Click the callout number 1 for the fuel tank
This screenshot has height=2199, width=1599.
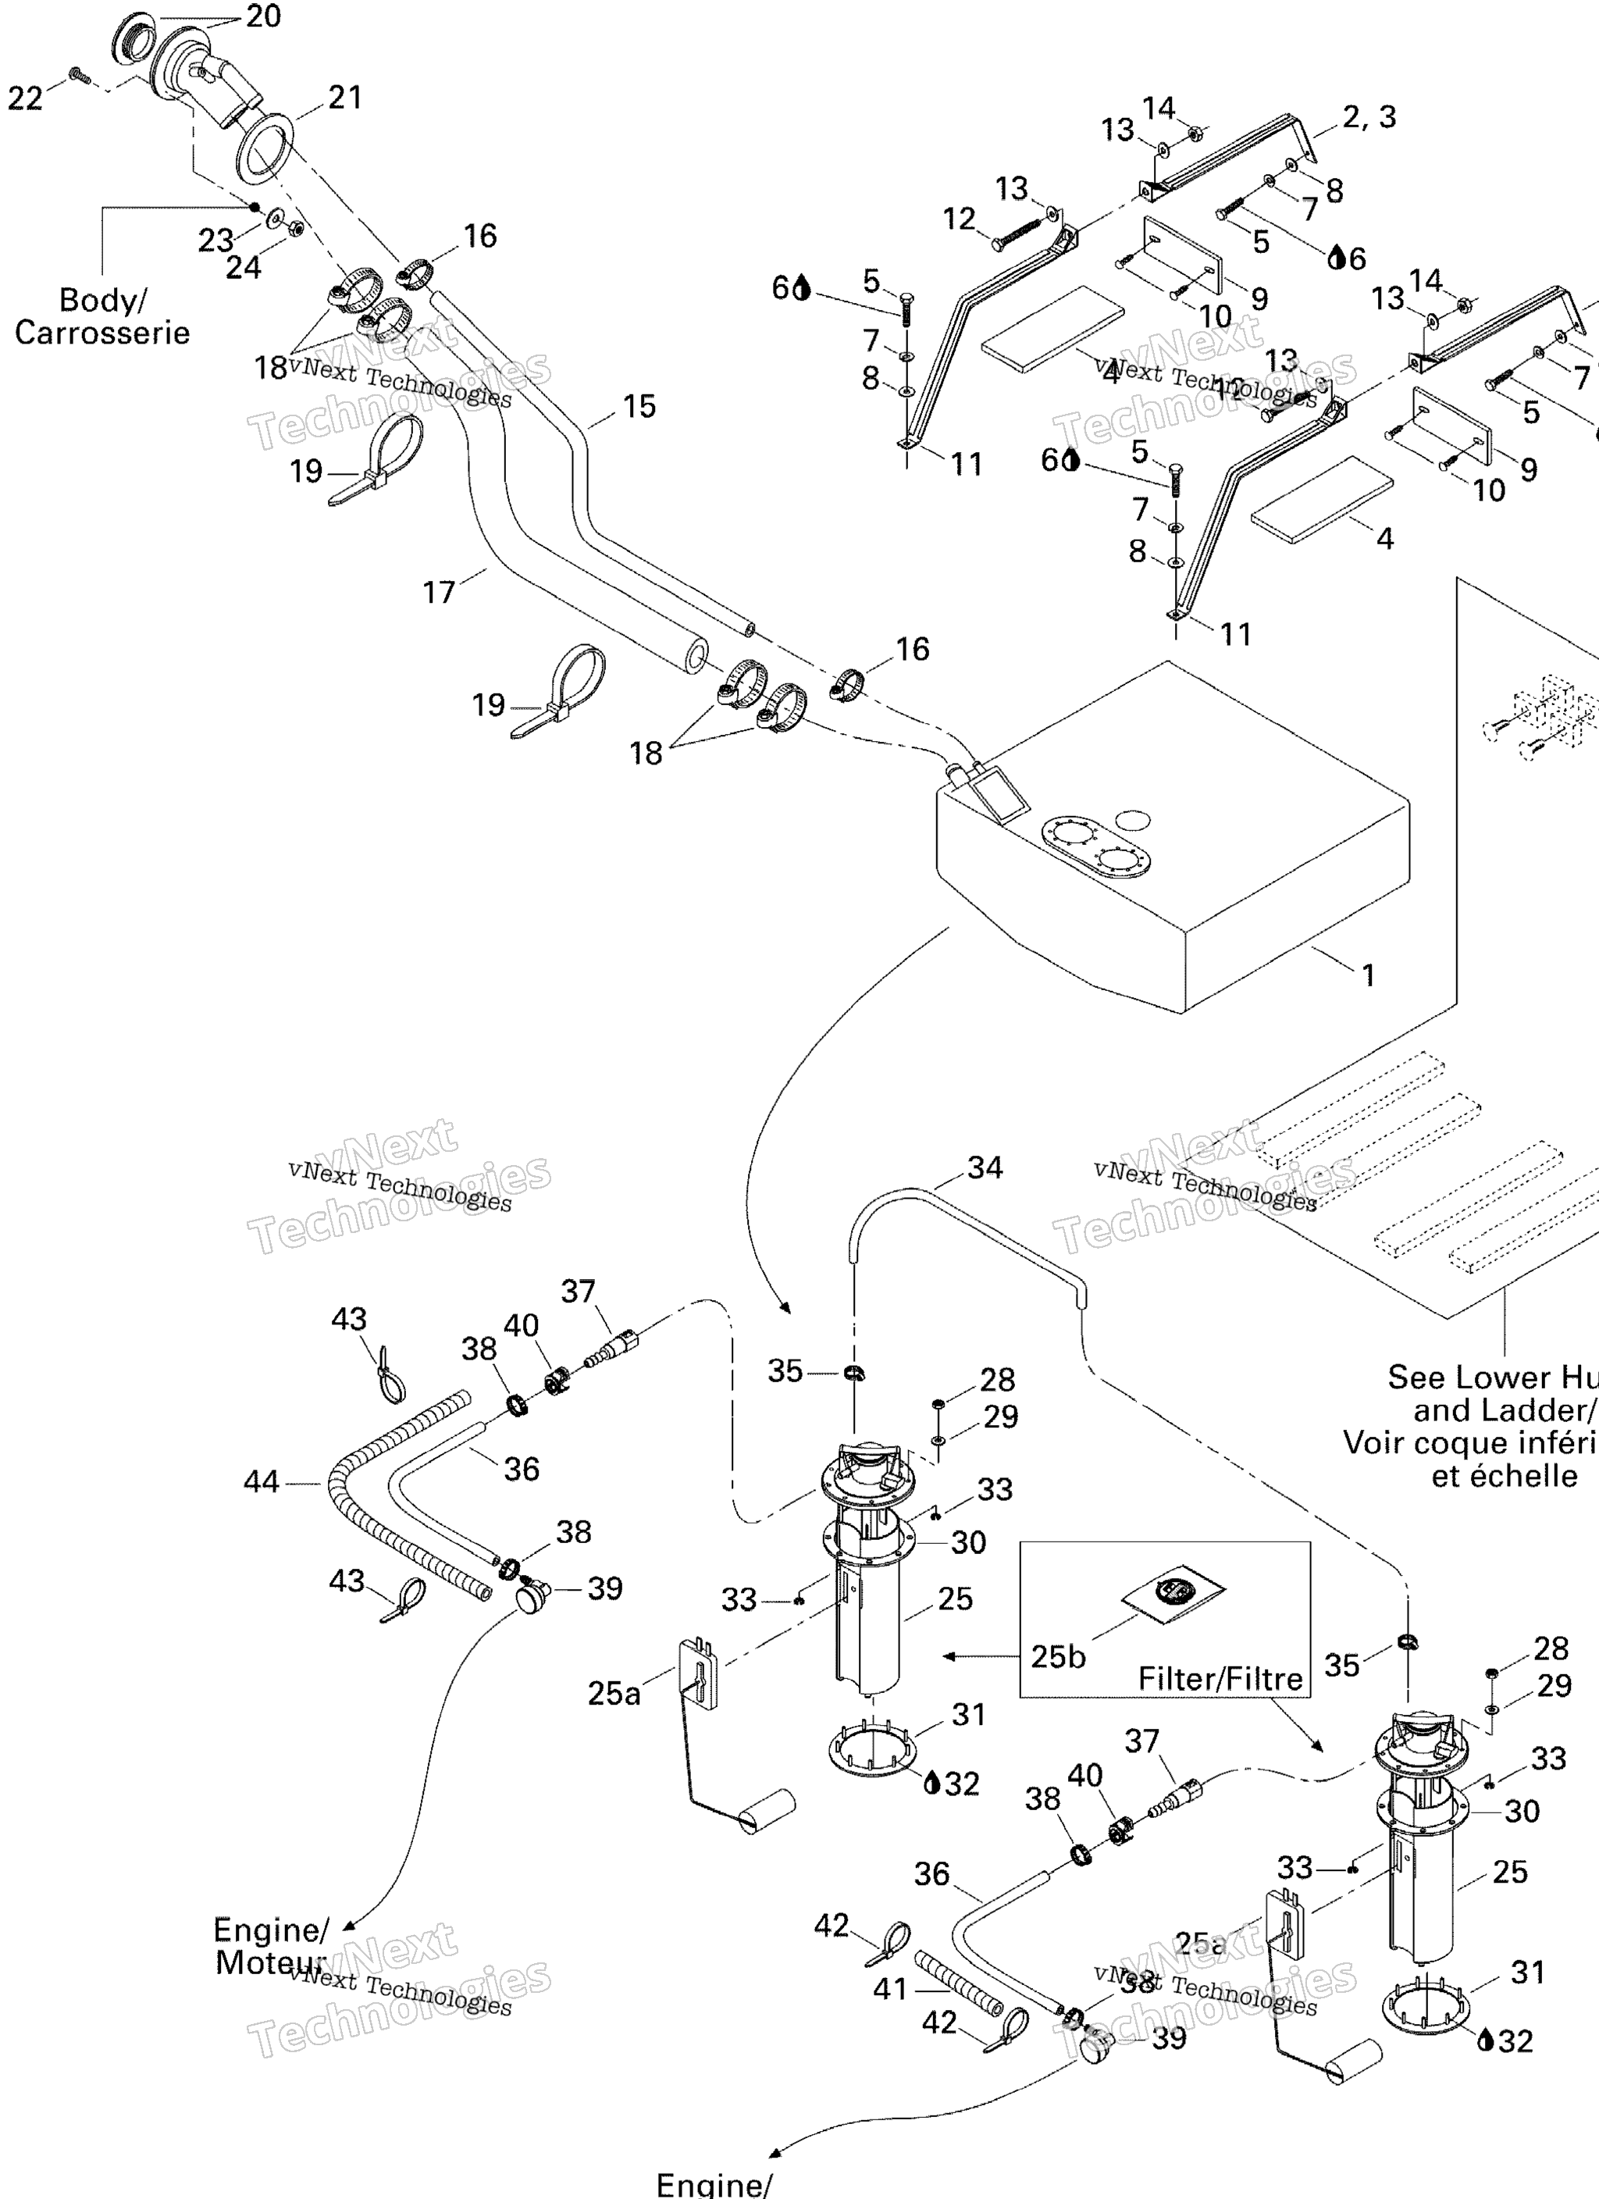click(1368, 975)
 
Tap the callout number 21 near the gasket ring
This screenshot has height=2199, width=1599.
click(344, 97)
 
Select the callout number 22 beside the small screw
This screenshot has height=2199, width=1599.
click(25, 98)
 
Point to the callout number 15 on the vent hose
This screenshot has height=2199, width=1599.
click(639, 406)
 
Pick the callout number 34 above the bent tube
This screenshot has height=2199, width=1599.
click(985, 1167)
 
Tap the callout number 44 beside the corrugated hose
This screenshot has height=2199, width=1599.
click(261, 1481)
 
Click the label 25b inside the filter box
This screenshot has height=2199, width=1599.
click(1058, 1656)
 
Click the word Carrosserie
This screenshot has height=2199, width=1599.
click(101, 333)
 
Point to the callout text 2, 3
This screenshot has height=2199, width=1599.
click(1369, 117)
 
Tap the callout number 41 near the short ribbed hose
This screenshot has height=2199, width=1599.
click(890, 1989)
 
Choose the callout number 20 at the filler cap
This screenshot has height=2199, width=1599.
click(263, 16)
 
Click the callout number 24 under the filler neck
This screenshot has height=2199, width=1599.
click(244, 268)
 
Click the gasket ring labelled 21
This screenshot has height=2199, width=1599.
click(265, 146)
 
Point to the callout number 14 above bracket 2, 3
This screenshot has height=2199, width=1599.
click(1159, 108)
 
